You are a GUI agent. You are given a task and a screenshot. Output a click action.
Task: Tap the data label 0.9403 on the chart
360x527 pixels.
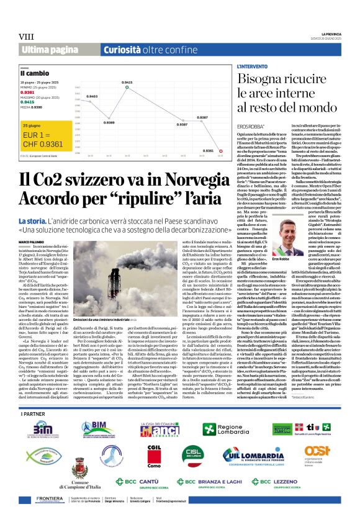91,97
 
